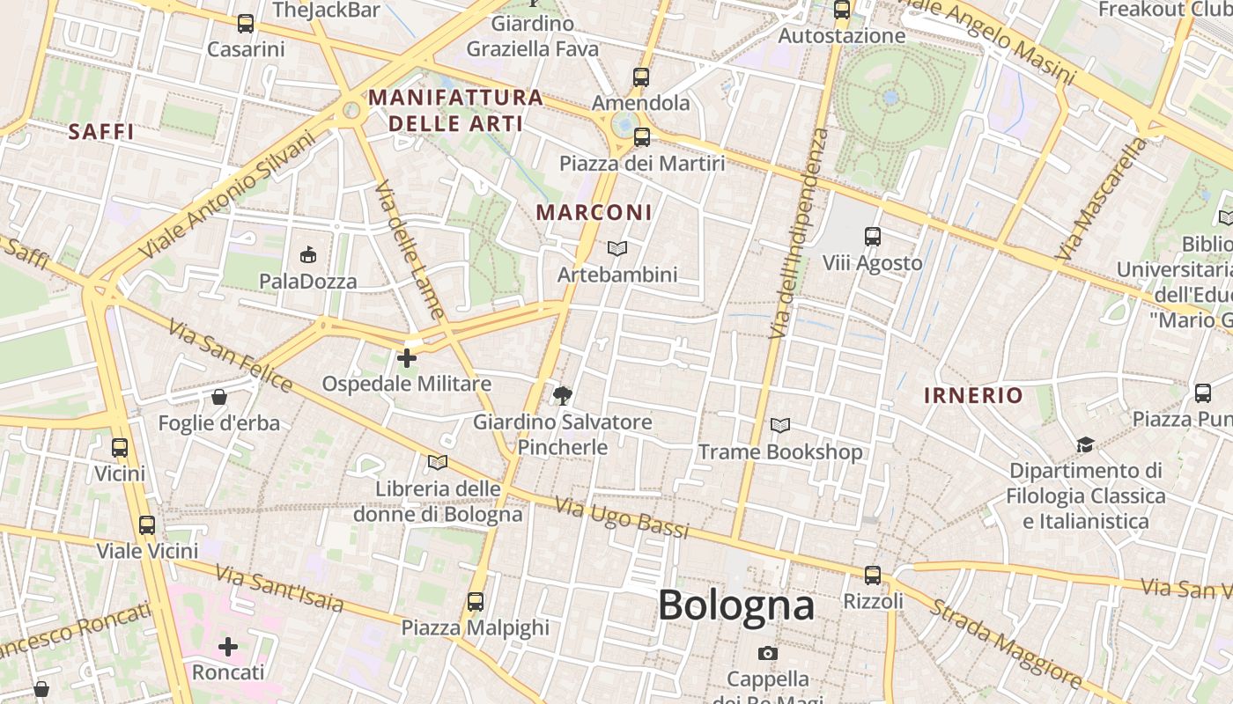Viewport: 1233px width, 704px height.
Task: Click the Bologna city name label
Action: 735,605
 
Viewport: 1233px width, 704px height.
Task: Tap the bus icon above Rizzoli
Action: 872,576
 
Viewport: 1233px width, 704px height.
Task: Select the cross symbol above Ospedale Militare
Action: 406,358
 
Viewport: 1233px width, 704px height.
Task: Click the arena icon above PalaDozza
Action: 307,255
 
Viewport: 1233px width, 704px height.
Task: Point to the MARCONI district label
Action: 594,212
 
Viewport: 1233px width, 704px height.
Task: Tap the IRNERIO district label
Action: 973,395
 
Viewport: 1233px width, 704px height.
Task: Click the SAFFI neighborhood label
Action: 101,132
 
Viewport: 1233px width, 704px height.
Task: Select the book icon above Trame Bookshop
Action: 779,426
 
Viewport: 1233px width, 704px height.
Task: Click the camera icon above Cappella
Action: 767,653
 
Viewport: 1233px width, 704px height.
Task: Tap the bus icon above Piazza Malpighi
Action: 476,602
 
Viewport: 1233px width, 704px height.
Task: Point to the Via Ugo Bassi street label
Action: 622,517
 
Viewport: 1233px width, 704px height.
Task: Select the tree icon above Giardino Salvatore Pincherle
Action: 562,395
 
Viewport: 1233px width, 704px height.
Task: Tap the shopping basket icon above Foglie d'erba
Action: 219,397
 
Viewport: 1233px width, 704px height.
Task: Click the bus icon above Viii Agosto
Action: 872,237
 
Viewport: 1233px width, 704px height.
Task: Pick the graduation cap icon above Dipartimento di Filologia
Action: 1085,445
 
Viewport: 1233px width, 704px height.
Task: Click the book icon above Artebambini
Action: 617,249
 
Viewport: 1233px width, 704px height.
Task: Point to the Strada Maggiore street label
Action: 1006,643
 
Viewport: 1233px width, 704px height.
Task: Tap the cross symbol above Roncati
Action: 228,647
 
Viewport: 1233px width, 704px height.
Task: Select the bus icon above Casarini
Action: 246,24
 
